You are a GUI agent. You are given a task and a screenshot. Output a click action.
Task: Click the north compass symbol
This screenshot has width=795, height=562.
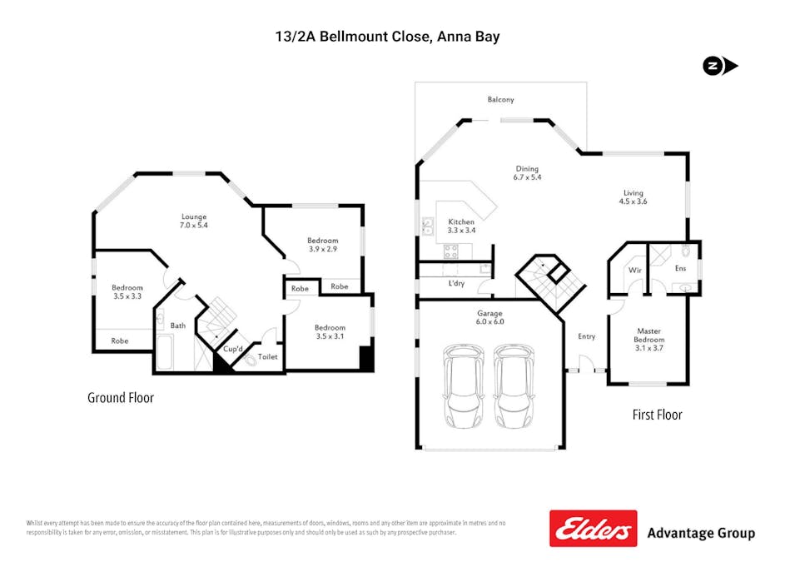point(719,67)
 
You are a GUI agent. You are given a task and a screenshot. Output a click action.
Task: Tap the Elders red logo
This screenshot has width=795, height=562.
point(592,529)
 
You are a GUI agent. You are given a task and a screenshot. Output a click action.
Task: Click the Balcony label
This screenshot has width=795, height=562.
point(501,100)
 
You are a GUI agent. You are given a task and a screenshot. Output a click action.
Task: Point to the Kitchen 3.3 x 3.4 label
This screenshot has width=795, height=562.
point(460,226)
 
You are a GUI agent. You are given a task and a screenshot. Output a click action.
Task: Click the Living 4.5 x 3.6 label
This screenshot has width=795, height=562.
point(633,196)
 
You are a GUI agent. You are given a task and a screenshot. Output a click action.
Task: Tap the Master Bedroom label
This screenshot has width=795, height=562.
point(648,335)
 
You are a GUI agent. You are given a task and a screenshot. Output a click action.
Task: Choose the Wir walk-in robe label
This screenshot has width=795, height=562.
point(634,270)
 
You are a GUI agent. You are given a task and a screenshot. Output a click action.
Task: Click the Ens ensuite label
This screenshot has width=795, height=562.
point(680,268)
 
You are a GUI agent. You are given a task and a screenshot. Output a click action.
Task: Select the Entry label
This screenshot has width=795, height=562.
point(586,336)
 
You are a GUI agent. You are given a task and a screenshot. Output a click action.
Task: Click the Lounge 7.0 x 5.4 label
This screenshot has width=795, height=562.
point(194,221)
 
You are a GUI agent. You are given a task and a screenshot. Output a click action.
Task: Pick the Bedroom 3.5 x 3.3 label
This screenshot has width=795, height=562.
point(127,292)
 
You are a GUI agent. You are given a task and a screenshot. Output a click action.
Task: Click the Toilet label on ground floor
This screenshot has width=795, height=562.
point(267,356)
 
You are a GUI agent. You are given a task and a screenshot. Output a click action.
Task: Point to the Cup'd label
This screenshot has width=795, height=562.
point(233,349)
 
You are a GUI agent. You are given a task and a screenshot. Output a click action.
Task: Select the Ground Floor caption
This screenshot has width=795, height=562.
point(121,398)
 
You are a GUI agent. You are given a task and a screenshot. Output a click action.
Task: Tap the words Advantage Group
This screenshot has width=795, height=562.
point(701,533)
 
